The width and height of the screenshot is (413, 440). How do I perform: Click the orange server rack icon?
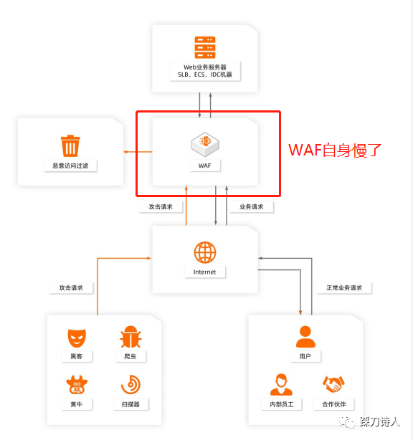[x=205, y=47]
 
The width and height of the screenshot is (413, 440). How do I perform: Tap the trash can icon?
[x=70, y=145]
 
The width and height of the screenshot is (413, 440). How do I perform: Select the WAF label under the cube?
[x=204, y=166]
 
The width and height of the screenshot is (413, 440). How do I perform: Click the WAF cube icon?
[x=205, y=144]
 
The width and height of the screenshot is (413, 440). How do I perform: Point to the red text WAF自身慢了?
[x=335, y=150]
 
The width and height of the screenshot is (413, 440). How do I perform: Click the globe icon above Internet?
[x=205, y=252]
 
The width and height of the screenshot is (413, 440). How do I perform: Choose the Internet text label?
[x=204, y=272]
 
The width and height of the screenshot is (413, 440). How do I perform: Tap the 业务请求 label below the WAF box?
[x=251, y=207]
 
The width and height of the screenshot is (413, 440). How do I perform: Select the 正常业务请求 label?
[x=344, y=288]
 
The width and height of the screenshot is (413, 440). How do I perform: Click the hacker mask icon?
[x=77, y=338]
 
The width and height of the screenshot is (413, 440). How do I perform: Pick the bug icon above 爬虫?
[x=130, y=337]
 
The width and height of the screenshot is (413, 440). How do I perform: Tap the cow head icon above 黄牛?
[x=77, y=385]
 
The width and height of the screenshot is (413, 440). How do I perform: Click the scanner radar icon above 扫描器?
[x=130, y=384]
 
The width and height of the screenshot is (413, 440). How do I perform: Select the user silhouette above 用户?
[x=305, y=337]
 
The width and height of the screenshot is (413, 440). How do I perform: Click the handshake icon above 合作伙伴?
[x=333, y=384]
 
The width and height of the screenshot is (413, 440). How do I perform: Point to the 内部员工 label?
[x=281, y=404]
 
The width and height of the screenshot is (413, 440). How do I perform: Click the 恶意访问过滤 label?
[x=70, y=166]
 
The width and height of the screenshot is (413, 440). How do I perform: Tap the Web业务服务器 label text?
[x=204, y=67]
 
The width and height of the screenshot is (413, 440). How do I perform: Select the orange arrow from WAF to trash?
[x=138, y=152]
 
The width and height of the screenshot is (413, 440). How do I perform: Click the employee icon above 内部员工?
[x=281, y=384]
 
